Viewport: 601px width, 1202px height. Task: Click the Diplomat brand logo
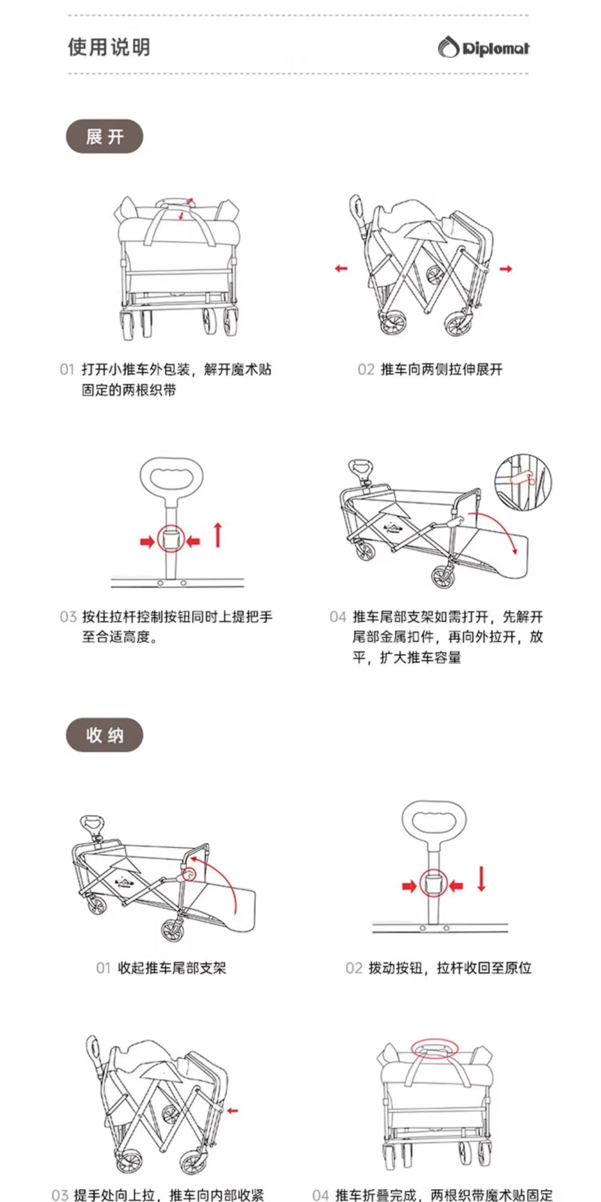484,48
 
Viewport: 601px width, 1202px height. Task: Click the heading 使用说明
109,47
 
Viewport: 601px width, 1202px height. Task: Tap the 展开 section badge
105,136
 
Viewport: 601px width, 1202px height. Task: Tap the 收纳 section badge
105,735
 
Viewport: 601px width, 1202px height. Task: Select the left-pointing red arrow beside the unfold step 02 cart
341,268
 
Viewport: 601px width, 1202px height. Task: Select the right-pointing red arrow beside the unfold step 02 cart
506,269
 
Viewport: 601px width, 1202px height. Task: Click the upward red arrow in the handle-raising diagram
218,534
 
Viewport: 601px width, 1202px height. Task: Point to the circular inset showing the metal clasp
523,482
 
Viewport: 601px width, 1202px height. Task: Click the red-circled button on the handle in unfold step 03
171,539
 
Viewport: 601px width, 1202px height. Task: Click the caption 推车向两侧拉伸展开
442,370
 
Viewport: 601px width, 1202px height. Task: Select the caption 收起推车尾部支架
172,968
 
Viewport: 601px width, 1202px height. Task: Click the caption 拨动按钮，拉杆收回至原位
450,968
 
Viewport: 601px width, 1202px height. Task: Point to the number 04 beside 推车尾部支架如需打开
338,617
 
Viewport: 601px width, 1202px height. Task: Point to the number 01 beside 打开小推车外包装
67,370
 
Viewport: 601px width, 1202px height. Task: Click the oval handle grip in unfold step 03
172,478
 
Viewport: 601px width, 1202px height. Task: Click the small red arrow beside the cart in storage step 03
232,1110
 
